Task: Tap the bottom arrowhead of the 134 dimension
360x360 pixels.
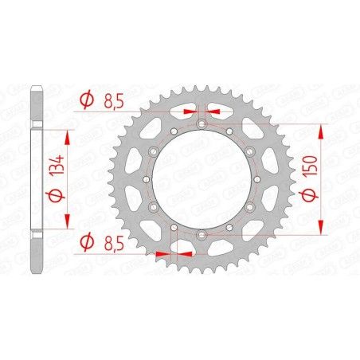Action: click(x=67, y=225)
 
